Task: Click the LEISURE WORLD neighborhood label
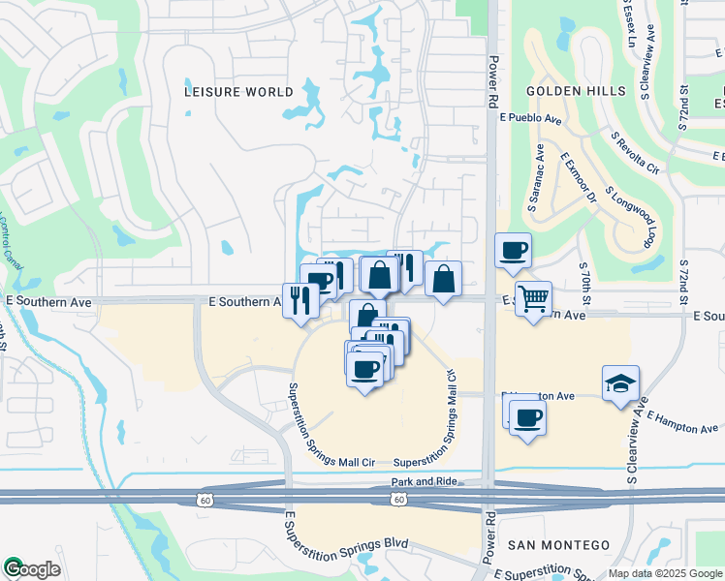pos(238,92)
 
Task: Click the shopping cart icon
pos(533,298)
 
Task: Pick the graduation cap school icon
pos(620,382)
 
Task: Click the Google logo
pos(32,569)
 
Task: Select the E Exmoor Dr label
pos(579,176)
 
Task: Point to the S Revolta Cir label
pos(635,155)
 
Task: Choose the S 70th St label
pos(584,278)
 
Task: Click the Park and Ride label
pos(424,481)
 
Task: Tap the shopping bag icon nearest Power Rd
pos(443,279)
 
